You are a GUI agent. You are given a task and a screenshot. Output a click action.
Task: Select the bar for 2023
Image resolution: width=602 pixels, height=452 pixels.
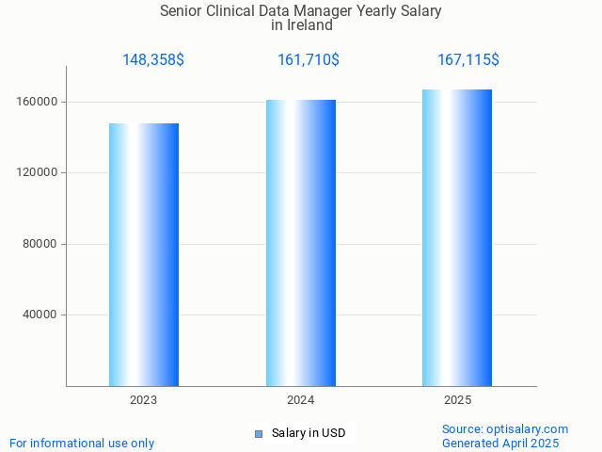[x=144, y=254]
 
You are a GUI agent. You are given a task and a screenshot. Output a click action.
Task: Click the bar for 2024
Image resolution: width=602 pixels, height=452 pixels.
[x=301, y=243]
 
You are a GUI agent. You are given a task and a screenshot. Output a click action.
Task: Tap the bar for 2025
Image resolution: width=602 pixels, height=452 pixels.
[x=457, y=237]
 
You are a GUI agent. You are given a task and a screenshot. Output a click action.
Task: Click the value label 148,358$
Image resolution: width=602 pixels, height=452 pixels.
[x=153, y=60]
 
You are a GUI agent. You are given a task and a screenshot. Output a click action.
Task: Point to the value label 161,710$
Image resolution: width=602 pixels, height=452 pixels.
[x=309, y=60]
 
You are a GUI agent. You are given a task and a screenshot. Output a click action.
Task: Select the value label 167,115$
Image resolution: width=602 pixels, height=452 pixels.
[x=468, y=60]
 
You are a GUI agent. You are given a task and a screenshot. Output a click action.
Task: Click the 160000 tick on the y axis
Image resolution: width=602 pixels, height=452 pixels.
[x=39, y=102]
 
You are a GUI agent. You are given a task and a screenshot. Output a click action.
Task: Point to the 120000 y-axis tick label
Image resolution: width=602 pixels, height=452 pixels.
[x=39, y=173]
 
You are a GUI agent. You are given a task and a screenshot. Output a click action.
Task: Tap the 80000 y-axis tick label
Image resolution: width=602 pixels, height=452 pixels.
[x=41, y=244]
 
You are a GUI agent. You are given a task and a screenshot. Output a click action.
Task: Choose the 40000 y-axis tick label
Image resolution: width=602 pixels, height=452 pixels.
[x=41, y=315]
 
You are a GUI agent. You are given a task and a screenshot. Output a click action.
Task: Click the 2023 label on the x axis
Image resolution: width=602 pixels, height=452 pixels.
[x=144, y=400]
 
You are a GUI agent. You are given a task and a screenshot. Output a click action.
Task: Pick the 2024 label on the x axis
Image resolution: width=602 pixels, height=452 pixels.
[x=301, y=400]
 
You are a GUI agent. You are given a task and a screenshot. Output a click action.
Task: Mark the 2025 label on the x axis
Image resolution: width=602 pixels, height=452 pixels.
[x=458, y=400]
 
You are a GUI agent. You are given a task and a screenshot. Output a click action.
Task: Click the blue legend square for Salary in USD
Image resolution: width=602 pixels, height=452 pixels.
[x=259, y=434]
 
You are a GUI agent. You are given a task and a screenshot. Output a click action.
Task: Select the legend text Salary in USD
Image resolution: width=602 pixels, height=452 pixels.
[x=309, y=433]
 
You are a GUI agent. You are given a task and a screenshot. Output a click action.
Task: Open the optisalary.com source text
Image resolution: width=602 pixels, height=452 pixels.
[x=505, y=428]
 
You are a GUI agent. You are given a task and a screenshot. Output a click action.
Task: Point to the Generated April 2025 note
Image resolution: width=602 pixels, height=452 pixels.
[x=500, y=443]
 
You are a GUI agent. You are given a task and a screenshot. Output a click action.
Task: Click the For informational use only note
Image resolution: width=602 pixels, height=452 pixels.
[x=82, y=443]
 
